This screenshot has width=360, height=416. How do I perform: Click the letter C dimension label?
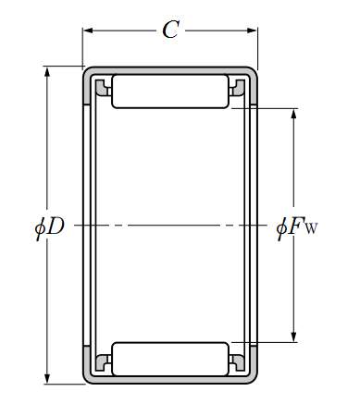(170, 30)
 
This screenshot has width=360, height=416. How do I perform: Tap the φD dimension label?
(49, 227)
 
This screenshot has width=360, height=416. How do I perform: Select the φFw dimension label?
(297, 228)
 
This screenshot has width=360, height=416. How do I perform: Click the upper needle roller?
(170, 92)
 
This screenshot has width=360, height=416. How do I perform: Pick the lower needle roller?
(170, 359)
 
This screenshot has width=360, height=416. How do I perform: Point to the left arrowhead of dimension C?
(88, 31)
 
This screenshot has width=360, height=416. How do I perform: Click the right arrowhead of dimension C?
(252, 31)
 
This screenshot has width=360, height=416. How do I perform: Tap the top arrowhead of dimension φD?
(47, 72)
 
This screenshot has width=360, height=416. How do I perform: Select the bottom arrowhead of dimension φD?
(47, 378)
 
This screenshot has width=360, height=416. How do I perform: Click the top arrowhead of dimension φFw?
(293, 114)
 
